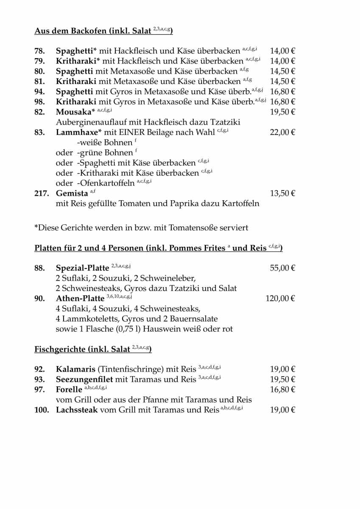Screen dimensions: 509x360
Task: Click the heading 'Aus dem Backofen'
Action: coord(70,31)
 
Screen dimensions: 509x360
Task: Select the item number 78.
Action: coord(39,51)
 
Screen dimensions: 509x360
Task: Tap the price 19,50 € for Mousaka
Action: coord(282,112)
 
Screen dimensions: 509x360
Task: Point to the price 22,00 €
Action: coord(282,132)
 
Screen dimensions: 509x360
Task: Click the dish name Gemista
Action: coord(72,193)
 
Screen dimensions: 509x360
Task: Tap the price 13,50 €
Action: coord(282,193)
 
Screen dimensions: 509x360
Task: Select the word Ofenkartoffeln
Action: coord(106,183)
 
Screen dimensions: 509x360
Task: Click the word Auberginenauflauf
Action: coord(94,122)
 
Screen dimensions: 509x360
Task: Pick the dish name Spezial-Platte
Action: coord(82,268)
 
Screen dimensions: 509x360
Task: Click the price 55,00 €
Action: coord(282,268)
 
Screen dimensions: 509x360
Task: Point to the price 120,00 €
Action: coord(280,299)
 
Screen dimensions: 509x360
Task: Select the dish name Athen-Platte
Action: coord(80,299)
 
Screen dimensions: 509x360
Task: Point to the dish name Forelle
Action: coord(69,389)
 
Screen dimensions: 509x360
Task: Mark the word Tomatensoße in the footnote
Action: coord(193,228)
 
